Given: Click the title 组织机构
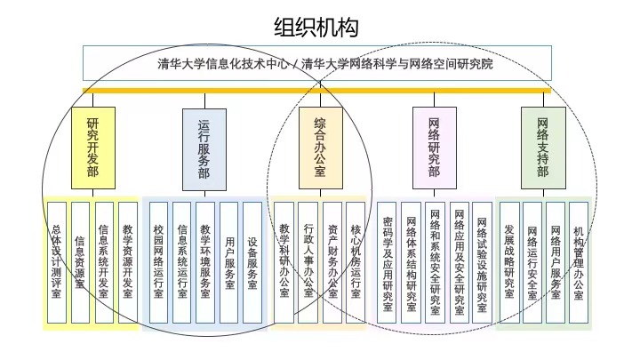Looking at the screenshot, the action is pos(316,27).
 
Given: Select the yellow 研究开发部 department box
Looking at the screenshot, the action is pos(93,148).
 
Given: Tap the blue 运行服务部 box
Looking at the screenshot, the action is pos(204,149).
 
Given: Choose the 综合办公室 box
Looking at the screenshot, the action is pos(320,148).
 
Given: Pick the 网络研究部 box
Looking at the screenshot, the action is pos(435,148).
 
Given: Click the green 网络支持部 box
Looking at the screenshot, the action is pos(543,148).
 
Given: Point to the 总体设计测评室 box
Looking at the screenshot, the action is pos(57,262).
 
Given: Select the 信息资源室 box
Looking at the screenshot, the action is pos(80,262).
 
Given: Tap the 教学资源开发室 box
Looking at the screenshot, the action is pos(128,262).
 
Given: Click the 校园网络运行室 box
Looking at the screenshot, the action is pos(158,262).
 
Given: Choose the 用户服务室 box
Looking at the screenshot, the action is pos(229,262).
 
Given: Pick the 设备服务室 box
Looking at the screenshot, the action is pos(252,262).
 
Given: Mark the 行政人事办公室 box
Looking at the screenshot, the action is pos(308,262).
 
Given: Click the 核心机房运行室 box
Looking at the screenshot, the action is pos(356,262).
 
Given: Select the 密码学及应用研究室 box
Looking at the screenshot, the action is pos(387,262).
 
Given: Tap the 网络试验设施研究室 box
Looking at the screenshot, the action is pos(482,262).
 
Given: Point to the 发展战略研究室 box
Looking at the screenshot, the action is pos(509,262).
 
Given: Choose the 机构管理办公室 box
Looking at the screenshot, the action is pos(579,262).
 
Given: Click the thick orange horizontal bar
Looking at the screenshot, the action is pos(316,91).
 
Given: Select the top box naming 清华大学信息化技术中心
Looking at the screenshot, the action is pos(317,63).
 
